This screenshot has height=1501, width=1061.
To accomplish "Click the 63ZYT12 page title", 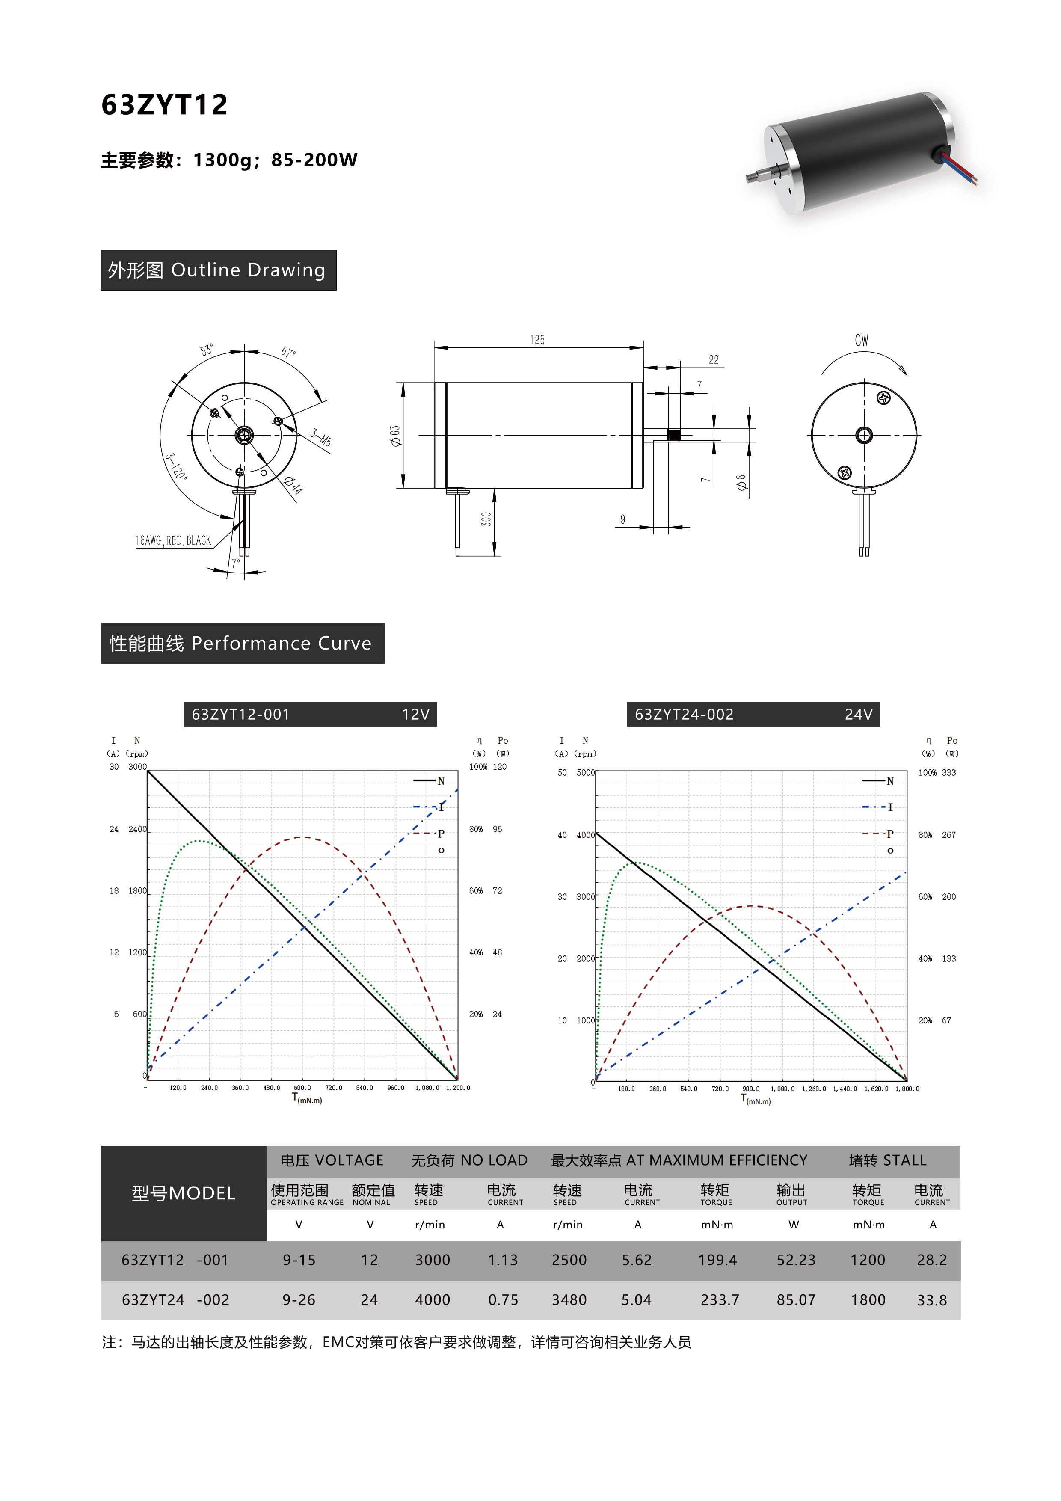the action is [165, 104].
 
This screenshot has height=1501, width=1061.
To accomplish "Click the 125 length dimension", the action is [537, 339].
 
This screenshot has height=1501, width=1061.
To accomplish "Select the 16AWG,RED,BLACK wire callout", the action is [173, 541].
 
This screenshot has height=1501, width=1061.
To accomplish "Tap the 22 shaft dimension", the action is [714, 359].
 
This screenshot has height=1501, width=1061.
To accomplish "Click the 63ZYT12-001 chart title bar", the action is [310, 714].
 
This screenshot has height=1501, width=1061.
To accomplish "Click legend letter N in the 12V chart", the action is [441, 780].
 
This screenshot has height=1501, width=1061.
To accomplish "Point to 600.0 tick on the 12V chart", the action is [302, 1088].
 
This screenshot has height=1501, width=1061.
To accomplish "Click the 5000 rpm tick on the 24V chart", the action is [585, 772].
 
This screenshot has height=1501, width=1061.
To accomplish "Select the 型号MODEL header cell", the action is [184, 1193].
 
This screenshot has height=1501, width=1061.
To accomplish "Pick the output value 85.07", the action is [796, 1299].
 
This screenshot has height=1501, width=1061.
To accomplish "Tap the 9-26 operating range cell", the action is [299, 1299].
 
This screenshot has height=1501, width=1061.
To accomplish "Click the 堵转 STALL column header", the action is [888, 1160].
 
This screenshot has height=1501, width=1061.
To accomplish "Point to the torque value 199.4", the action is [717, 1260].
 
